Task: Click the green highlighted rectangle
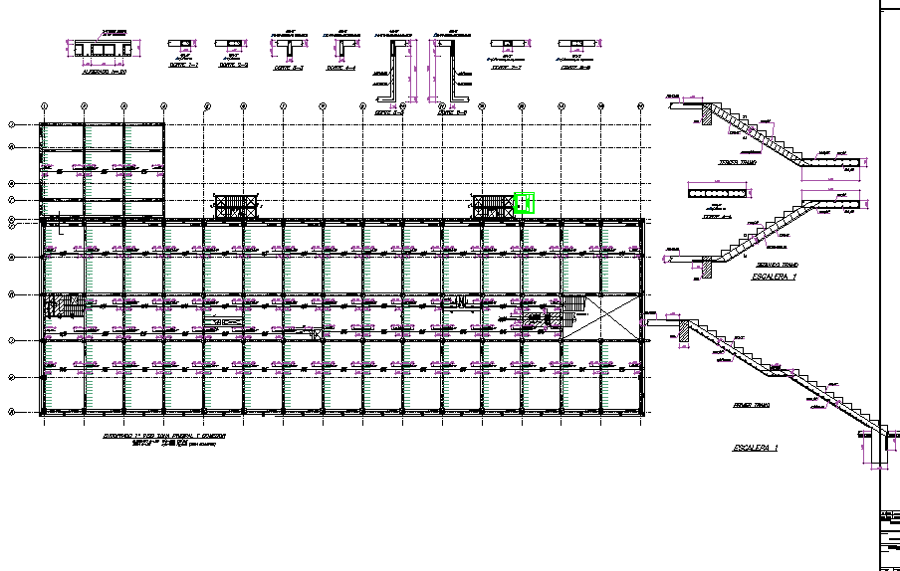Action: click(x=525, y=203)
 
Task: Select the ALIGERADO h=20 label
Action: click(x=104, y=72)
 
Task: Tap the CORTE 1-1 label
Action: click(x=184, y=65)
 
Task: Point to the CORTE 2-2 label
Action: click(x=233, y=65)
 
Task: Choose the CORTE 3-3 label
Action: click(x=289, y=69)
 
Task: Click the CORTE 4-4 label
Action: click(x=341, y=69)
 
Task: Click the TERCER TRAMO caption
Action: click(x=738, y=162)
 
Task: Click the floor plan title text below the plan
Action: click(x=164, y=437)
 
